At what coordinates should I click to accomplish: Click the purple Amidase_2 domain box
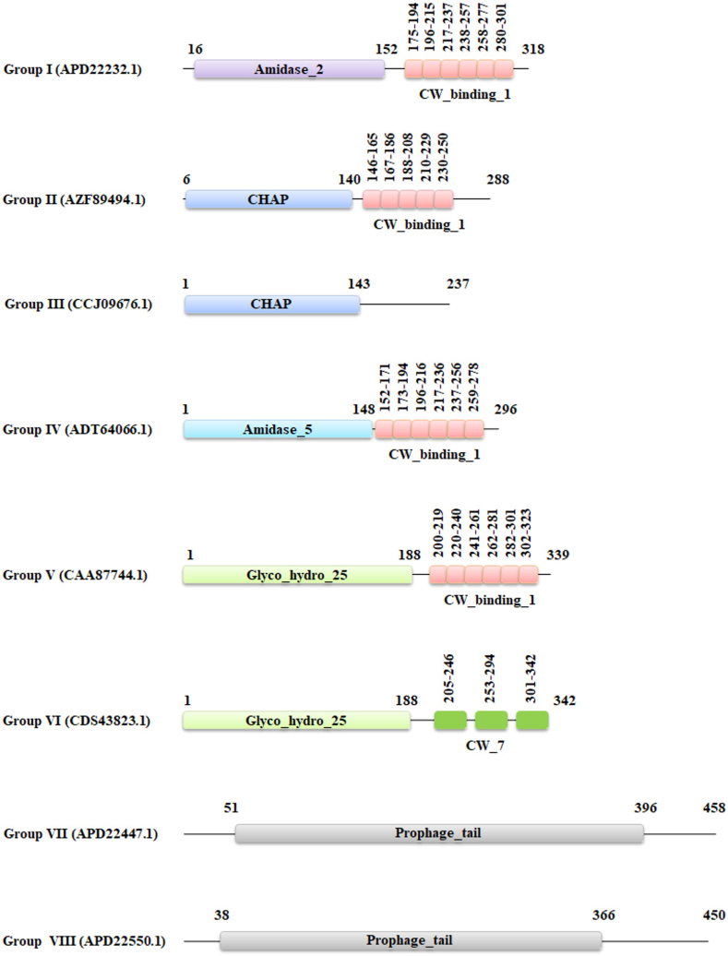289,70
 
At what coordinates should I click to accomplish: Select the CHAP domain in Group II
269,200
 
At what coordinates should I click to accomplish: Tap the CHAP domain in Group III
271,305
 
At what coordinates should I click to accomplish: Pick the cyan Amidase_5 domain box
278,430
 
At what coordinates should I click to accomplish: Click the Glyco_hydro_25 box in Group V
297,575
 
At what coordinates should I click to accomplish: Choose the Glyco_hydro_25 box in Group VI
296,721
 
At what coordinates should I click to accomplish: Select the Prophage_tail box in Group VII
438,834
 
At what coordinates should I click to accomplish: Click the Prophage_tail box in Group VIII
411,940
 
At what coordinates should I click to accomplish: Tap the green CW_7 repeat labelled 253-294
492,721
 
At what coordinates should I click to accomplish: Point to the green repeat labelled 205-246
450,721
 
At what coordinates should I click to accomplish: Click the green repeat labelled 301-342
532,721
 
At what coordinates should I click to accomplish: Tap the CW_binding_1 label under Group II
419,224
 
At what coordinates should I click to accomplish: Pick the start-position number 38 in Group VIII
221,914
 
